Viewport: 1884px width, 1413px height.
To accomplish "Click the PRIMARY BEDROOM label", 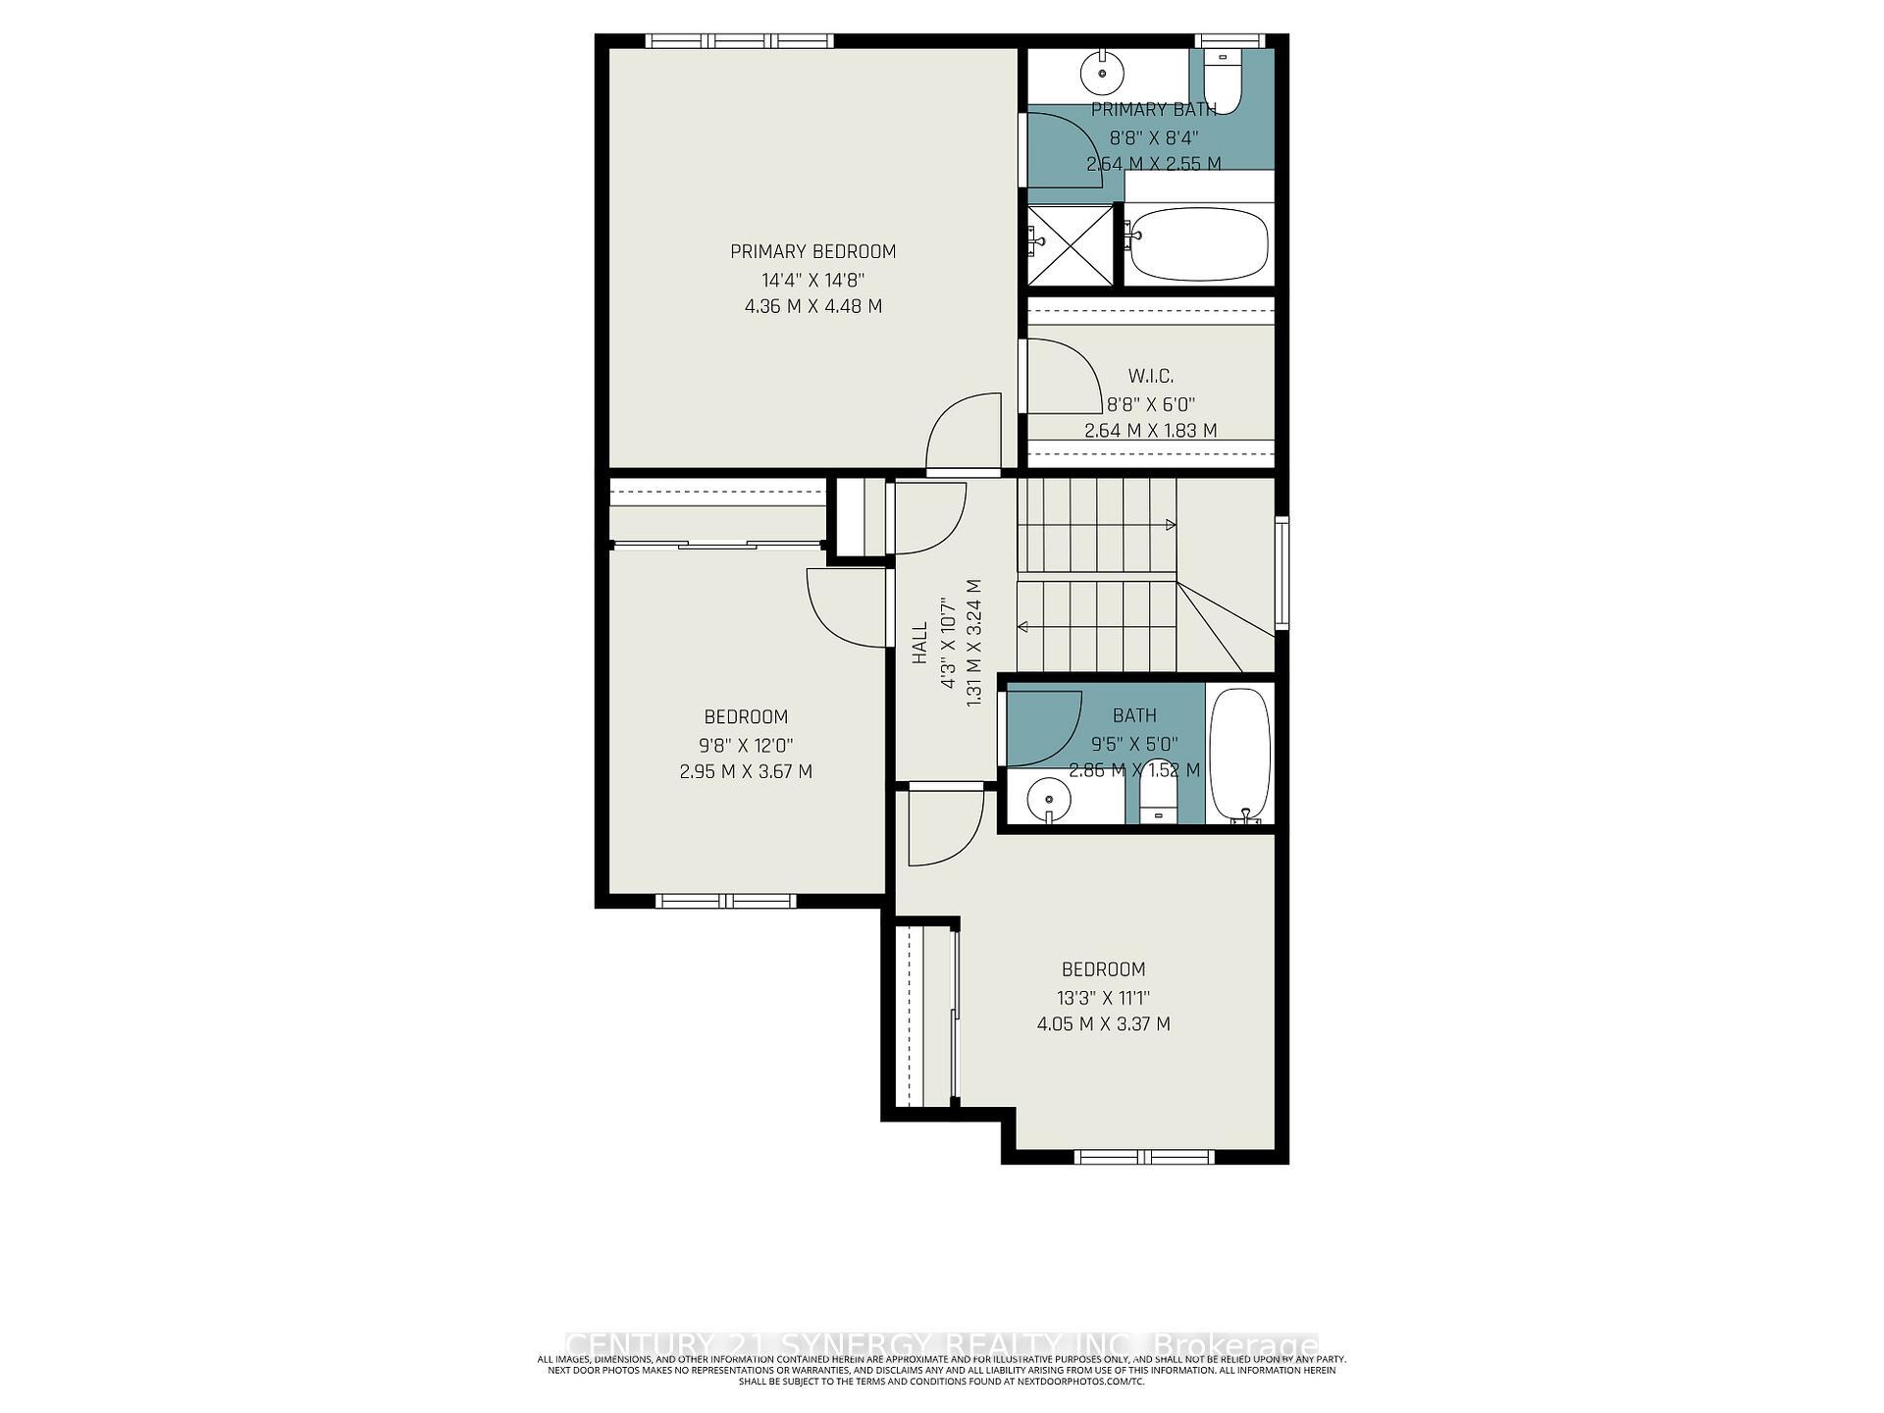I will [812, 251].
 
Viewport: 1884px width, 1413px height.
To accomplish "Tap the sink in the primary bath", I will [1102, 72].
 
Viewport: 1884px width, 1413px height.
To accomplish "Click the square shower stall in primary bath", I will [1071, 245].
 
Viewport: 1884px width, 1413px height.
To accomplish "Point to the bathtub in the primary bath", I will [1197, 243].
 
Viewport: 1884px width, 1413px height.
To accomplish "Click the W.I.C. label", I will [1150, 376].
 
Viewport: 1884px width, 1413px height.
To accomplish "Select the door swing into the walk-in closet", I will [1066, 376].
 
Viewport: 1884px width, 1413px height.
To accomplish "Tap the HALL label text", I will [919, 643].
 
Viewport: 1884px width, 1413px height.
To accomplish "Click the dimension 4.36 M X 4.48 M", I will [812, 306].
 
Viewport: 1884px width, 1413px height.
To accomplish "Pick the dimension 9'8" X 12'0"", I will [746, 745].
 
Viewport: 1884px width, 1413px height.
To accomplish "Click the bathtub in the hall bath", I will [1240, 754].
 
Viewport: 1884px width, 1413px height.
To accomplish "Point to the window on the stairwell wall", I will [1282, 572].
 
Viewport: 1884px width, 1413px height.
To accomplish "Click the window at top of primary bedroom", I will [739, 41].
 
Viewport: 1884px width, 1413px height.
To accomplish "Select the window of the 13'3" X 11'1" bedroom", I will [1144, 1157].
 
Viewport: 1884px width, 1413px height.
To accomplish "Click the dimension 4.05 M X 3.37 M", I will [1103, 1024].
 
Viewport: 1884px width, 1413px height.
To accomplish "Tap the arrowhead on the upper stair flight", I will [1170, 525].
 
